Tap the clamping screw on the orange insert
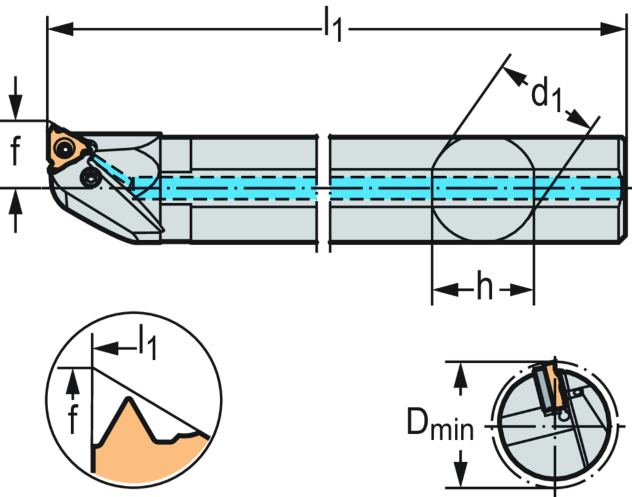[x=63, y=148]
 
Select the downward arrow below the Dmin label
[x=459, y=472]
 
